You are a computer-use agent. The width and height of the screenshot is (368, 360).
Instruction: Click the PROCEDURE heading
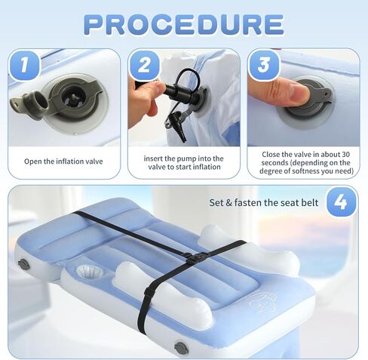(x=184, y=24)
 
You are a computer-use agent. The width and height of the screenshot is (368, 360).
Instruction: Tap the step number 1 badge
(x=24, y=66)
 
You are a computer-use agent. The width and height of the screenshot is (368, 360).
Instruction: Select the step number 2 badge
(x=144, y=66)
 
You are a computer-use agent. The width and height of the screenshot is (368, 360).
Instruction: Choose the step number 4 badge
(x=342, y=202)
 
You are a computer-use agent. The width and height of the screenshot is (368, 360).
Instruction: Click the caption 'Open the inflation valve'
(x=63, y=162)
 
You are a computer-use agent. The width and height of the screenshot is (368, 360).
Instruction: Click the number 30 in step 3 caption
(x=346, y=154)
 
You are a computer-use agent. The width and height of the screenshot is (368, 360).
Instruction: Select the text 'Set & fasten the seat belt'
(x=264, y=202)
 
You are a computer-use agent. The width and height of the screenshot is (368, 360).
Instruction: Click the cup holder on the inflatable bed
(x=89, y=272)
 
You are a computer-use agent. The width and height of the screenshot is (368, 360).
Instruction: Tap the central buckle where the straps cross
(x=197, y=257)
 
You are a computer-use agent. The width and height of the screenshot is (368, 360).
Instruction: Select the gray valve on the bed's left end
(x=24, y=264)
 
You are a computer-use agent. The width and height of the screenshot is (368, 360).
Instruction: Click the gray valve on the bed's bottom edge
(x=181, y=348)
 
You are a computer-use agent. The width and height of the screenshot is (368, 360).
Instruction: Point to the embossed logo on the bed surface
(x=261, y=302)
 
